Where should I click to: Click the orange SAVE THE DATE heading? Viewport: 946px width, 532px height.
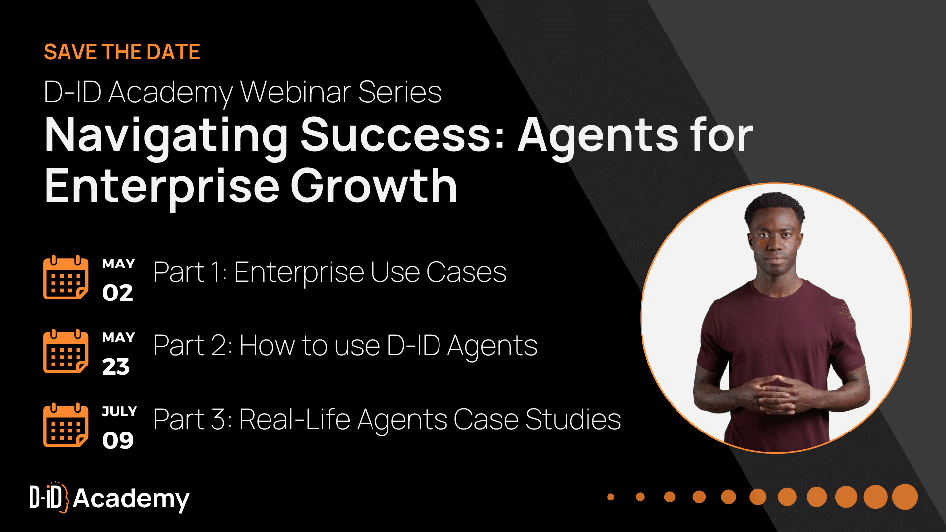(122, 52)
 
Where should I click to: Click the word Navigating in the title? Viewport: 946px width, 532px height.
(166, 135)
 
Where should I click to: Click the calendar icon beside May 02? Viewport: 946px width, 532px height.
(66, 278)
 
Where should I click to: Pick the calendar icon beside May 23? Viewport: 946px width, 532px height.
(66, 351)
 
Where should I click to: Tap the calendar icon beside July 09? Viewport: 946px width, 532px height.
(66, 425)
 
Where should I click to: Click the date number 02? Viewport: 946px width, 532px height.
(118, 293)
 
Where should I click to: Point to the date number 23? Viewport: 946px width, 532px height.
(116, 367)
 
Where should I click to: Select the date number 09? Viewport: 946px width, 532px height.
(118, 440)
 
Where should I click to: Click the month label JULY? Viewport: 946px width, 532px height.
(119, 411)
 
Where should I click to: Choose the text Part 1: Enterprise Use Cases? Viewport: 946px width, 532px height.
(330, 272)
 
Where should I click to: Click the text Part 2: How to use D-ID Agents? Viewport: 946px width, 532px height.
(345, 346)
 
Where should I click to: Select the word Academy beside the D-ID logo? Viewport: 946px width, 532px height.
(131, 499)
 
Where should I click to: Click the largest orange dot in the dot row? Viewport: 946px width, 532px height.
(905, 497)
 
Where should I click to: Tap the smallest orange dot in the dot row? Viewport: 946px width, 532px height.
(611, 497)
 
